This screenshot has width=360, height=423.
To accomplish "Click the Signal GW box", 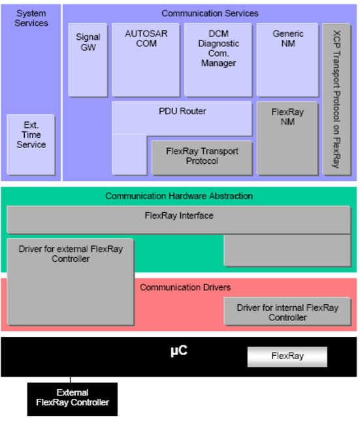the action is [88, 59].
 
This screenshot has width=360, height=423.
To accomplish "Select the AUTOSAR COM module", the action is [146, 59].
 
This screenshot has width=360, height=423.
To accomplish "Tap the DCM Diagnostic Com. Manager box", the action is [218, 59].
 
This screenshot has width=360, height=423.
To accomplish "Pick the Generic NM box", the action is [287, 59].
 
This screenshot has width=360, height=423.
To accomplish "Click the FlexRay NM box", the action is [287, 138].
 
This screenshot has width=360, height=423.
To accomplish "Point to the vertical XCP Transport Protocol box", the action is [336, 99].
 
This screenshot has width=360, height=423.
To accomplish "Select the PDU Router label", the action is [182, 111].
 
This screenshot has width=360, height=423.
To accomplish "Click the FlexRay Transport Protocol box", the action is [202, 158].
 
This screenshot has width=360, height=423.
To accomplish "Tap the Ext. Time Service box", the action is [31, 145].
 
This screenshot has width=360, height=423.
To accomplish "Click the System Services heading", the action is [31, 18].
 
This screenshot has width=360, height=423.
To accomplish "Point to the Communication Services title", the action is [210, 13].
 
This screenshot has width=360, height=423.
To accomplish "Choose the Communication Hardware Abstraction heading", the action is [179, 196].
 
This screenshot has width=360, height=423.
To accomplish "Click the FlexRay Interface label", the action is [179, 215].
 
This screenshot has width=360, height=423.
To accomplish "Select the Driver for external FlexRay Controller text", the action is [71, 254].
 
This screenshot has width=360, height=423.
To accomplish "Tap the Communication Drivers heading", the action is [186, 287].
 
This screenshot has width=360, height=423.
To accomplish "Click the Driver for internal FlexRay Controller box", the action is [287, 311].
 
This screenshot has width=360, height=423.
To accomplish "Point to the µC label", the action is [179, 351].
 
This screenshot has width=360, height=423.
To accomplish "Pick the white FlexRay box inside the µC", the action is [287, 356].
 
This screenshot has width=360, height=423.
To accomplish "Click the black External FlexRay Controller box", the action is [73, 399].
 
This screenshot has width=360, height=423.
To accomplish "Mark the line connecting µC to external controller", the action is [71, 379].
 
